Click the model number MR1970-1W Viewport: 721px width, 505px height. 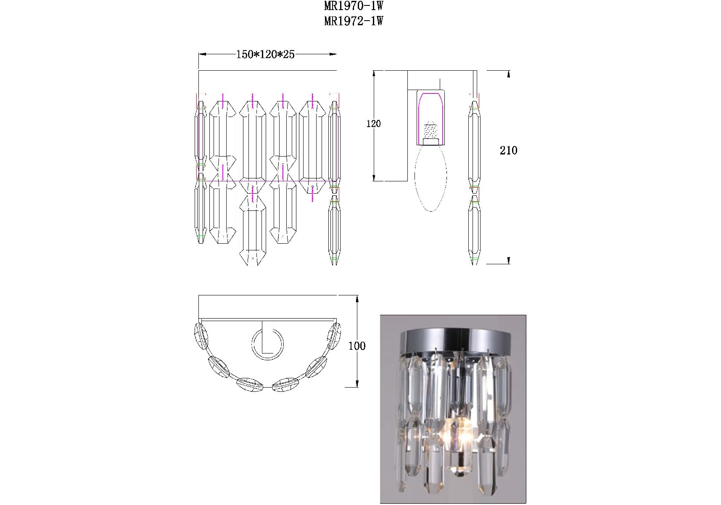pyautogui.click(x=354, y=6)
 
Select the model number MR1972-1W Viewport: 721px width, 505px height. pyautogui.click(x=354, y=21)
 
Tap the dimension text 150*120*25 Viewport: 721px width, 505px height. pyautogui.click(x=265, y=54)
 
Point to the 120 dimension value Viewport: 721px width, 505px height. pyautogui.click(x=373, y=123)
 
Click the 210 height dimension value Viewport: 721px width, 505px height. pyautogui.click(x=508, y=150)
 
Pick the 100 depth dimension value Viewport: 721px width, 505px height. pyautogui.click(x=357, y=346)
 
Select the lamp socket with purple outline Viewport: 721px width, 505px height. pyautogui.click(x=431, y=117)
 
